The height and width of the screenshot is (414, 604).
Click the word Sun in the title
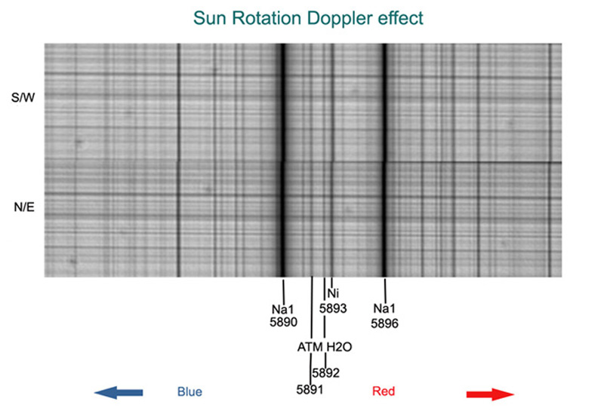point(209,18)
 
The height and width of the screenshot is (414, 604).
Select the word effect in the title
point(401,18)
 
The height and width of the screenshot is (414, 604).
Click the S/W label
point(23,97)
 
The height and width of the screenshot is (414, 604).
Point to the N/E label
point(24,207)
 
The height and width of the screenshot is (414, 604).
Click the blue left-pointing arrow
point(119,392)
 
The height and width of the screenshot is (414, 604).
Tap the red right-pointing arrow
point(490,394)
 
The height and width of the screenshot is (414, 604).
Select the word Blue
point(190,391)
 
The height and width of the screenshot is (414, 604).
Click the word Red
point(384,391)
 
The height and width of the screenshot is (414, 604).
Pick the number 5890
point(284,322)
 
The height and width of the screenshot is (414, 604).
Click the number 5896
point(384,324)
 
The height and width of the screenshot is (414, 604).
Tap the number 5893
point(333,308)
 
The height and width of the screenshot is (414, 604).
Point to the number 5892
point(326,373)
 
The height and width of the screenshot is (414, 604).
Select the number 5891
point(310,390)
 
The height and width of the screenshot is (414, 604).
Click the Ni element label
point(333,293)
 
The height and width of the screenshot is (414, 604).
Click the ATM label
point(310,347)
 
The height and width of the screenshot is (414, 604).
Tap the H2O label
point(339,347)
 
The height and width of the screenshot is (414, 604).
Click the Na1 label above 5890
point(282,309)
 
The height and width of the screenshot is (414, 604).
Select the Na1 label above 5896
point(384,308)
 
